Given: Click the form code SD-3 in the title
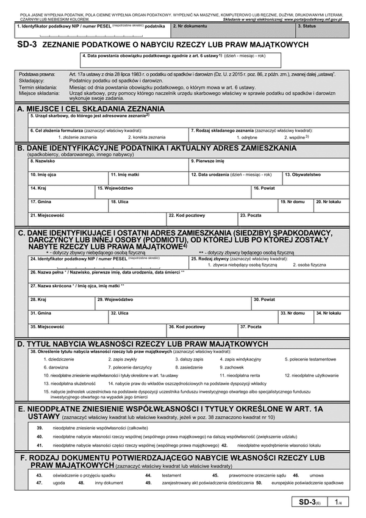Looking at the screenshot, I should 27,45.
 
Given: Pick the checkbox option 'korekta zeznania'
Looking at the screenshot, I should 147,138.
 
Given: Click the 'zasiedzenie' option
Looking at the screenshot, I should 189,368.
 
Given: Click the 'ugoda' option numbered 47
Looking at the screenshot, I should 59,482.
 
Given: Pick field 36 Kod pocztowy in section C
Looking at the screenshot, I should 202,329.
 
